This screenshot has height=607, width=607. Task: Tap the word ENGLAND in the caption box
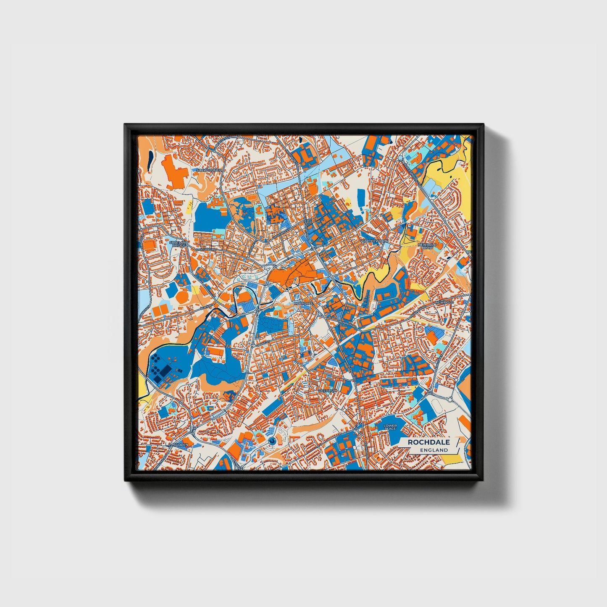434,450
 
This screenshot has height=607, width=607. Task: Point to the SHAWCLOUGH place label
209,170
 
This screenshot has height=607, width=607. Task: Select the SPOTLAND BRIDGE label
179,243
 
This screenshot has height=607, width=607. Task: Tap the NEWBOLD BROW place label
427,246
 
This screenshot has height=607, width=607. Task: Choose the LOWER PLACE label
390,427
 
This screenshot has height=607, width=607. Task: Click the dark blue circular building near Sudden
272,441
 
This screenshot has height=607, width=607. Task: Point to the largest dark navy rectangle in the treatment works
166,370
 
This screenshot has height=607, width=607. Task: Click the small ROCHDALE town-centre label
304,303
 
